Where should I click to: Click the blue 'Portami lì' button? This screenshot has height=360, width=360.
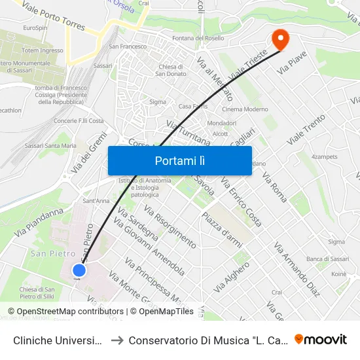point(179,160)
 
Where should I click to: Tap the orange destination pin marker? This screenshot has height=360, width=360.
point(280,39)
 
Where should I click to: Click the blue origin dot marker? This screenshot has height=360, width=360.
point(79,270)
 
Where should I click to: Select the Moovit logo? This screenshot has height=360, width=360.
point(321,340)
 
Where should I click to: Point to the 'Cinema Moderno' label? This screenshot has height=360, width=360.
point(245,109)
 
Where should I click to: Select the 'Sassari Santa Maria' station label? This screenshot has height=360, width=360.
point(56,145)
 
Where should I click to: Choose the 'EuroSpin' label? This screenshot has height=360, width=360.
point(35,28)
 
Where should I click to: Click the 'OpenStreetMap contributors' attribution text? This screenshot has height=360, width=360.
point(70,312)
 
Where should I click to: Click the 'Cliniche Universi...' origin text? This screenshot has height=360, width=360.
point(56,340)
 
